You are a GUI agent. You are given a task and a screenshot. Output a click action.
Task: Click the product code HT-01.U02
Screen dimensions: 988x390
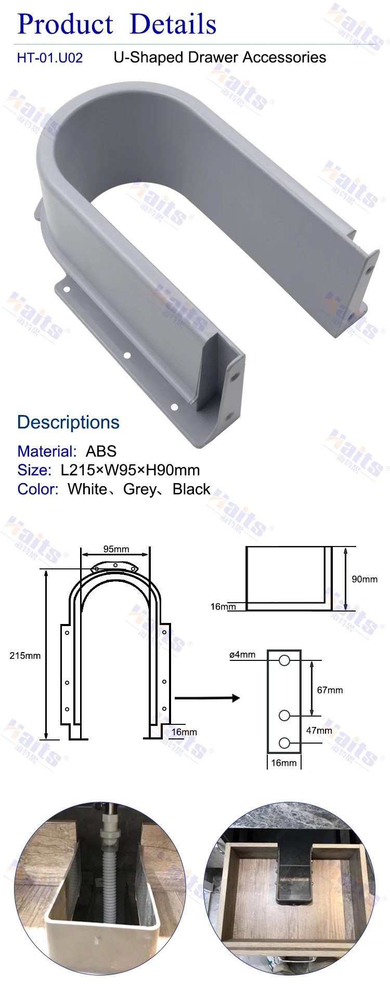(x=50, y=58)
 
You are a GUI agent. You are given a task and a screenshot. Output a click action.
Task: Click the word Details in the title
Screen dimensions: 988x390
(x=173, y=24)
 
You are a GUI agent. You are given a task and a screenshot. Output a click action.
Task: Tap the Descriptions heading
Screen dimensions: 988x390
(x=68, y=422)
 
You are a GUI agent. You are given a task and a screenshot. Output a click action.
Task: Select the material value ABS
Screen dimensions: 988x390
(x=101, y=451)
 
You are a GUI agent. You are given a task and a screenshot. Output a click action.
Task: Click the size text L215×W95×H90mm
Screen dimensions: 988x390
(x=130, y=470)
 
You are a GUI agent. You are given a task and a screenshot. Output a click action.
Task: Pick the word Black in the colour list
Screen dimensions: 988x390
(x=191, y=489)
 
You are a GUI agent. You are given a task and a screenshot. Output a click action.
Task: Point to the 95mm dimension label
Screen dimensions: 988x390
(x=116, y=549)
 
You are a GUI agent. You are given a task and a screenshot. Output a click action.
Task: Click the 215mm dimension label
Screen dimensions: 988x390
(x=25, y=656)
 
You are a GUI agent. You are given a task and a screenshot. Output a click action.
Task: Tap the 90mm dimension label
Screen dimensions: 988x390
(x=365, y=579)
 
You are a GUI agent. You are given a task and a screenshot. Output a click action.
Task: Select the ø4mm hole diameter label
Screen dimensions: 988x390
(x=242, y=655)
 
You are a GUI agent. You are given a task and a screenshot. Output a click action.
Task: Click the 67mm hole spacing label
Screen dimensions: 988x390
(x=330, y=690)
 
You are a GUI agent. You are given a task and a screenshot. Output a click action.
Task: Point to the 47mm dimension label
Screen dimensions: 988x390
(x=319, y=731)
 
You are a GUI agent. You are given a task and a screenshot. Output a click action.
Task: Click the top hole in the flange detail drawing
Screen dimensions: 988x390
(x=284, y=660)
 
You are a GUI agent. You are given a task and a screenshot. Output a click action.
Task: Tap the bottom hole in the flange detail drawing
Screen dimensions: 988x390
(x=284, y=743)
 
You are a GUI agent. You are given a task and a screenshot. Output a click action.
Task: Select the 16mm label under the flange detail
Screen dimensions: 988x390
(x=284, y=763)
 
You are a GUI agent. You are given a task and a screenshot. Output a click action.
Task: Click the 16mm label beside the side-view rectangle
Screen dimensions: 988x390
(x=223, y=606)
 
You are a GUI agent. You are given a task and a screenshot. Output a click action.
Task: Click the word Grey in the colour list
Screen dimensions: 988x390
(x=140, y=489)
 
